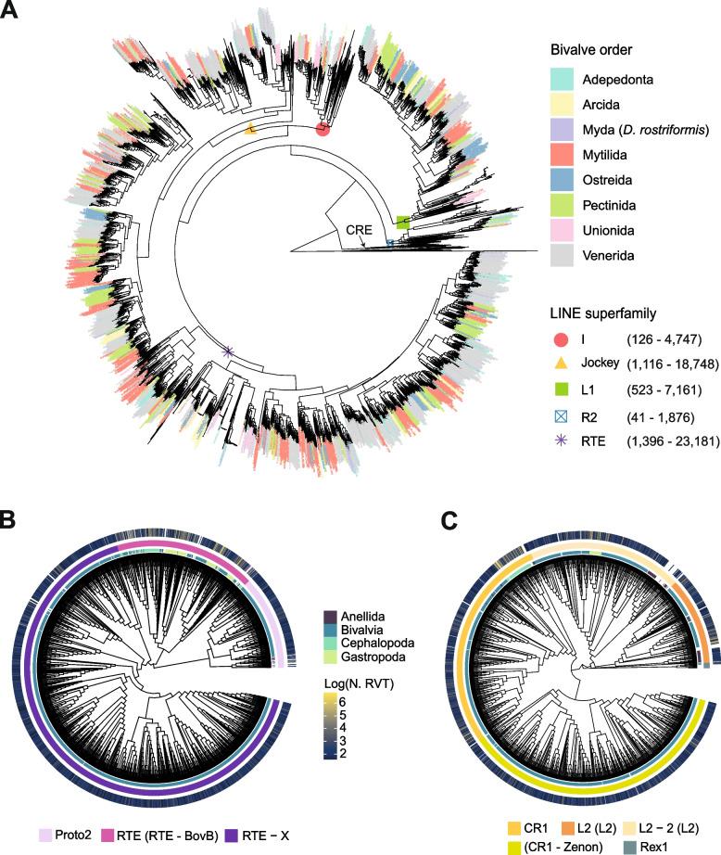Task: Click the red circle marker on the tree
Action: click(x=323, y=129)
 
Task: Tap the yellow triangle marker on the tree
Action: click(x=250, y=132)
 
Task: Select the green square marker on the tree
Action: click(x=402, y=222)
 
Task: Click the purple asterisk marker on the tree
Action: click(x=228, y=351)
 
